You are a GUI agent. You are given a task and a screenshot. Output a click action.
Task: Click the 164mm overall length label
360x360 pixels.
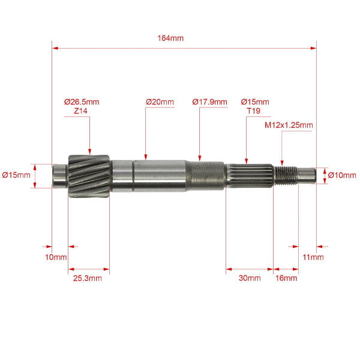pos(170,38)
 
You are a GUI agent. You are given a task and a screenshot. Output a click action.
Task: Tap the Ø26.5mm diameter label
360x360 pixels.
pos(82,102)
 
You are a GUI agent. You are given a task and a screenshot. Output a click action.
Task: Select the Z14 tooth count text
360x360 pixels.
pos(80,111)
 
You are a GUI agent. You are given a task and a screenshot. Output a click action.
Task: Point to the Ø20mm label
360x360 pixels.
pos(160,102)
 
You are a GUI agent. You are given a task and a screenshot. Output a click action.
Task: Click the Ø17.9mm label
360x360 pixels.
pos(209,102)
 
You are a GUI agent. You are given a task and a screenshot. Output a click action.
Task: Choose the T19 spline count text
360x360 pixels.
pos(253,111)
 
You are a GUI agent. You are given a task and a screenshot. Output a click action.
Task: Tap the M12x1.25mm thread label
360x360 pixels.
pos(289,125)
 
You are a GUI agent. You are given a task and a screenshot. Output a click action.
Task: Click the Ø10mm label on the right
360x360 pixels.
pos(342,175)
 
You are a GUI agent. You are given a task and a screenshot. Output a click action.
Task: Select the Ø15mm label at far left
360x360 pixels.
pos(16,175)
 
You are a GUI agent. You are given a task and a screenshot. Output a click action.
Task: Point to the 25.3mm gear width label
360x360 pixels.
pos(88,278)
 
